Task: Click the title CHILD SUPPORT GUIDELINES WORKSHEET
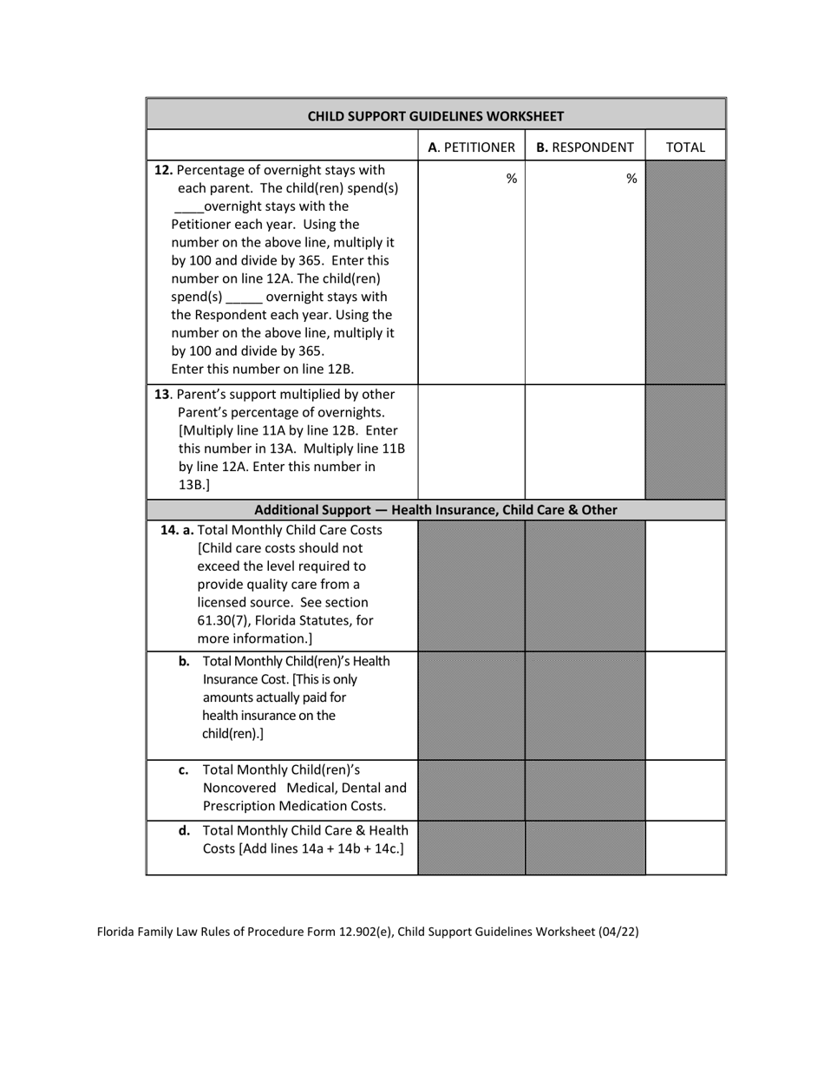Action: click(435, 115)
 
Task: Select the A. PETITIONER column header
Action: click(471, 147)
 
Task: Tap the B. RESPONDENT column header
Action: click(585, 147)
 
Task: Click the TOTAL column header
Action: click(685, 147)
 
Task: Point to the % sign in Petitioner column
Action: click(512, 179)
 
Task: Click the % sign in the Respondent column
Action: click(631, 179)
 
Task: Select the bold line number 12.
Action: click(162, 170)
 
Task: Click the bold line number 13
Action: click(161, 394)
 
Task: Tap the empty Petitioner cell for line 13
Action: click(471, 442)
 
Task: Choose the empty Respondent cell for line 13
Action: click(585, 442)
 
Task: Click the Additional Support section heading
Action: click(435, 510)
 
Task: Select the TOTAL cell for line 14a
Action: click(685, 586)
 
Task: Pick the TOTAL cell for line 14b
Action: click(685, 705)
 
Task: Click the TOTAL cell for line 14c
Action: click(685, 789)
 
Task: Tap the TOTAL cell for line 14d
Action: click(685, 847)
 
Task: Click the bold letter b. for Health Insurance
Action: click(184, 661)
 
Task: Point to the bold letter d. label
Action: click(184, 830)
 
